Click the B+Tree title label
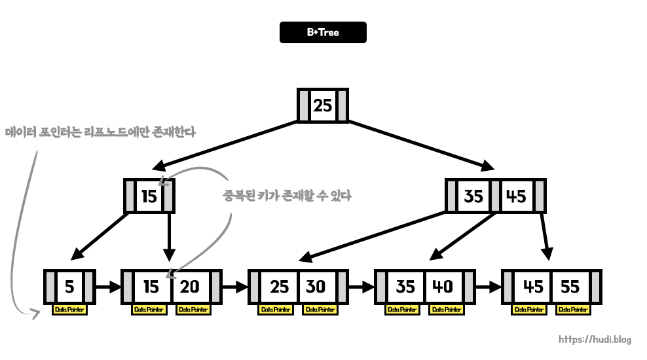pos(323,32)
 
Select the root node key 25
pos(323,105)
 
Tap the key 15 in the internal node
pos(149,196)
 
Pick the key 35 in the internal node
pos(473,196)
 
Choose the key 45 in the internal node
pos(517,196)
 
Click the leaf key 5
pos(69,287)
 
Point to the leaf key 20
pos(190,287)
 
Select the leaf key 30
pos(316,287)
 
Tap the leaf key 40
pos(442,287)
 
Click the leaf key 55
pos(570,287)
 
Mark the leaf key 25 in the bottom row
pos(279,287)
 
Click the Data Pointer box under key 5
pos(69,310)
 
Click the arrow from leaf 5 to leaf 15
pos(109,287)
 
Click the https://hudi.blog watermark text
pos(595,340)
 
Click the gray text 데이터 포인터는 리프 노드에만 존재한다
pos(100,132)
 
